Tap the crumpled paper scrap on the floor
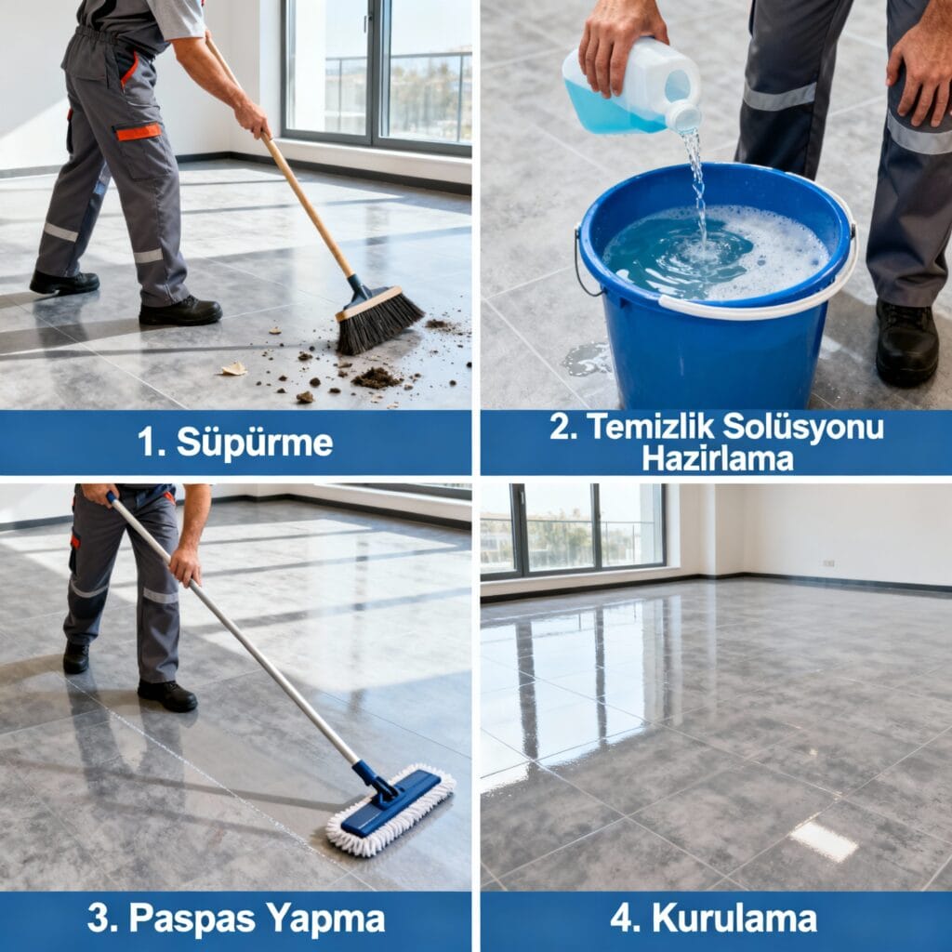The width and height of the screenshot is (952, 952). [233, 368]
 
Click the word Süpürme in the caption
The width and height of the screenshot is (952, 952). [255, 443]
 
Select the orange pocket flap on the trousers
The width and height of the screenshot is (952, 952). [139, 132]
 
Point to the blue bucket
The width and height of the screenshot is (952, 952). [717, 285]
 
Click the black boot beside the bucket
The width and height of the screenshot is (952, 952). [906, 343]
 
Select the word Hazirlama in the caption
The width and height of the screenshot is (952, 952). [718, 458]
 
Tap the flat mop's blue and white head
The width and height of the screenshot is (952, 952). [391, 810]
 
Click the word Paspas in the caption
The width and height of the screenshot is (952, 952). [193, 918]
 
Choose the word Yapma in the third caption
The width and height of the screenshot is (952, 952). [325, 919]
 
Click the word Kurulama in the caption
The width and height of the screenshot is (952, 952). [734, 919]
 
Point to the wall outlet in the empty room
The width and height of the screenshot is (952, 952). [828, 562]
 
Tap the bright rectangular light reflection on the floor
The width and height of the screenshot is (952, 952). [824, 840]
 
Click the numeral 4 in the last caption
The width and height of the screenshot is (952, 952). [623, 919]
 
